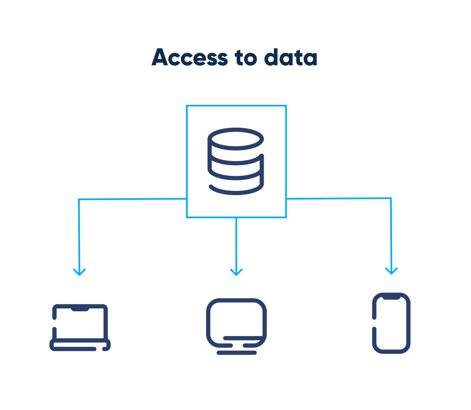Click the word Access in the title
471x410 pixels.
click(x=190, y=57)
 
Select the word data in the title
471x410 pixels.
click(x=291, y=58)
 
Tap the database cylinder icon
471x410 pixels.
click(x=236, y=161)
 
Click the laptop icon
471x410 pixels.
click(x=80, y=327)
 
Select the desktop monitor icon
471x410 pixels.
click(x=236, y=326)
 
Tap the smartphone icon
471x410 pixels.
click(x=391, y=323)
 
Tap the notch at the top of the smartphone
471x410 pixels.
click(x=391, y=296)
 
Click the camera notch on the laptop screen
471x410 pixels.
click(x=80, y=309)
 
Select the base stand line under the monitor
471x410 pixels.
click(x=237, y=353)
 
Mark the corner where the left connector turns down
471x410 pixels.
click(x=79, y=199)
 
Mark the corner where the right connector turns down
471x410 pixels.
click(x=391, y=198)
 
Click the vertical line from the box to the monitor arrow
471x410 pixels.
click(x=236, y=243)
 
